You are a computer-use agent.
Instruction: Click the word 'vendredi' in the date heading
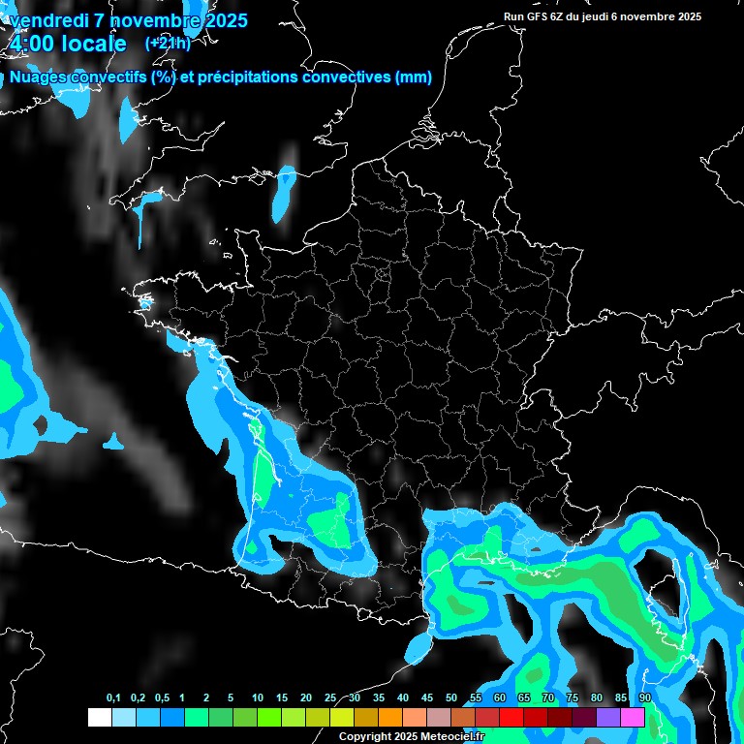click(x=48, y=20)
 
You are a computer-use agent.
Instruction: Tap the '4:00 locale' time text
click(x=68, y=45)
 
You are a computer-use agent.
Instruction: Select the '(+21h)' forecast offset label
click(x=167, y=44)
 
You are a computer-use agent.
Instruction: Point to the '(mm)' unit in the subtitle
click(x=414, y=77)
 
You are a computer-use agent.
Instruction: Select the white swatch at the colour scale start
click(x=99, y=717)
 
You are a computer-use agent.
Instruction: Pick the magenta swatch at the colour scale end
click(x=633, y=717)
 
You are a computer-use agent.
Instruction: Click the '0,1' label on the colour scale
click(x=113, y=698)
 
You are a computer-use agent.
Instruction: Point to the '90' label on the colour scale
click(x=644, y=698)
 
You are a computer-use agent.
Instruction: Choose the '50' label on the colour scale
click(x=451, y=698)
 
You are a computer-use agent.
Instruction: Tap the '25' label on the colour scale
click(x=330, y=698)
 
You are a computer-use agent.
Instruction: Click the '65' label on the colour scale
click(x=524, y=698)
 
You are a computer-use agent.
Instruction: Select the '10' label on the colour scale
click(x=258, y=698)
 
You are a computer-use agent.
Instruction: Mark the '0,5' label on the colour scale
click(x=162, y=698)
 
